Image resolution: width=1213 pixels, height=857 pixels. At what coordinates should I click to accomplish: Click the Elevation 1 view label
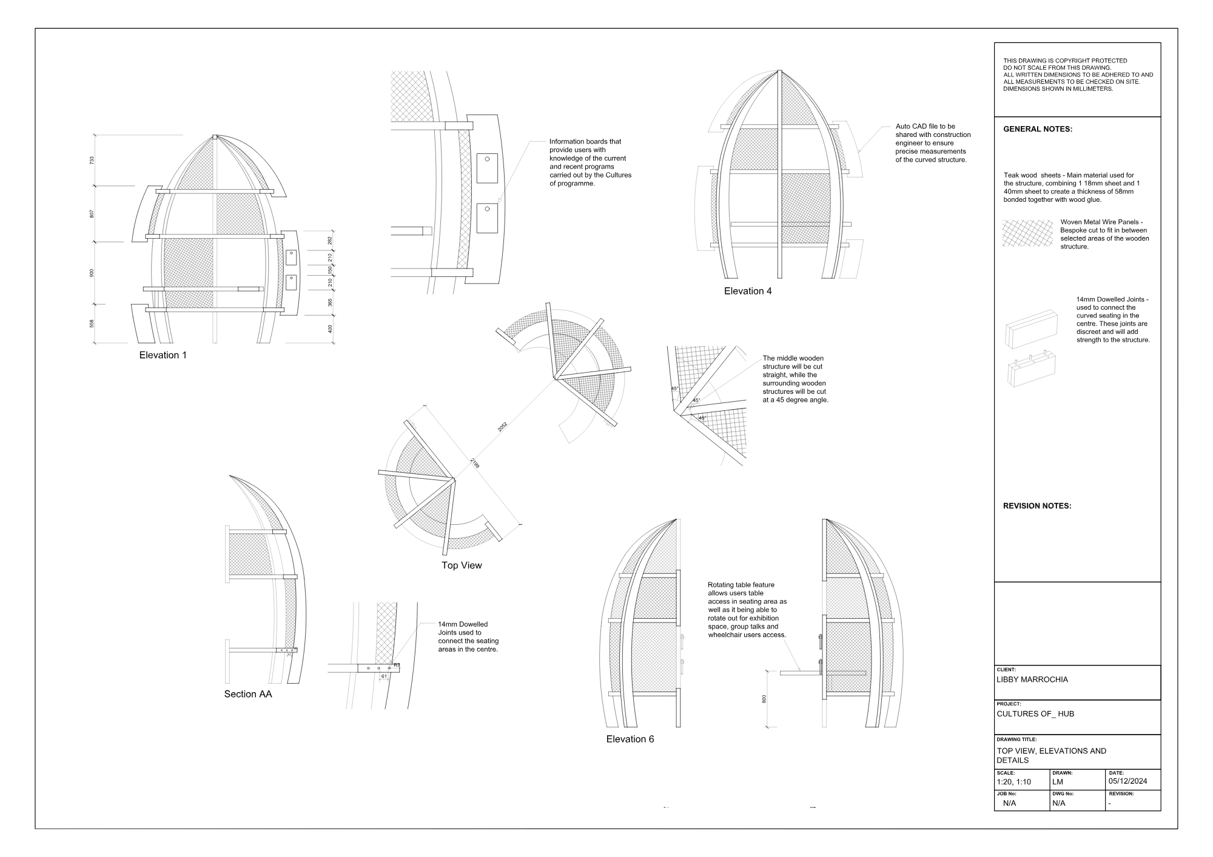(x=163, y=355)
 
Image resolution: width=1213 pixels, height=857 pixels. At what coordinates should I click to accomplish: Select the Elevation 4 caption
(x=748, y=291)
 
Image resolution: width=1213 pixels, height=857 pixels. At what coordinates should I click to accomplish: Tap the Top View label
(x=462, y=565)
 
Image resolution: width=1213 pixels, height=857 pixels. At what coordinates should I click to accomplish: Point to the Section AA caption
(x=248, y=694)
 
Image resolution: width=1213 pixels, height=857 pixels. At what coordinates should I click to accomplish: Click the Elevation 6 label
(x=630, y=739)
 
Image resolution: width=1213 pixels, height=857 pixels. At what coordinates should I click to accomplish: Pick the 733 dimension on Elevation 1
(x=92, y=161)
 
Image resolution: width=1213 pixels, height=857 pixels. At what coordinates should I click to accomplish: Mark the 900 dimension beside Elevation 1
(x=92, y=273)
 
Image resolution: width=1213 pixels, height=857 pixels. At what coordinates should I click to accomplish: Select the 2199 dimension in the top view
(x=475, y=464)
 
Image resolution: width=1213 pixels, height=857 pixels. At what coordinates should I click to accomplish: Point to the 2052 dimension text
(x=502, y=427)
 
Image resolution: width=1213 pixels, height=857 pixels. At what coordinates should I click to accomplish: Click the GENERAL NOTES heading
(x=1038, y=129)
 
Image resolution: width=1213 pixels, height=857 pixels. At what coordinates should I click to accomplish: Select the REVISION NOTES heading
(x=1037, y=505)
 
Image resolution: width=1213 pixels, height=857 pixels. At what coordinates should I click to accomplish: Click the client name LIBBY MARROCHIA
(x=1032, y=679)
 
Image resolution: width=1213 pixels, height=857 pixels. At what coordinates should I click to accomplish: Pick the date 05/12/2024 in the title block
(x=1127, y=781)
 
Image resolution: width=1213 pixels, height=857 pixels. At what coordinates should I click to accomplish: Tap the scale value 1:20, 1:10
(x=1013, y=782)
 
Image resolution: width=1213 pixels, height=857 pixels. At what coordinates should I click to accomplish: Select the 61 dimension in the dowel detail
(x=384, y=676)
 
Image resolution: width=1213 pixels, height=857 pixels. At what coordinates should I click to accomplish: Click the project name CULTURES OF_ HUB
(x=1035, y=714)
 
